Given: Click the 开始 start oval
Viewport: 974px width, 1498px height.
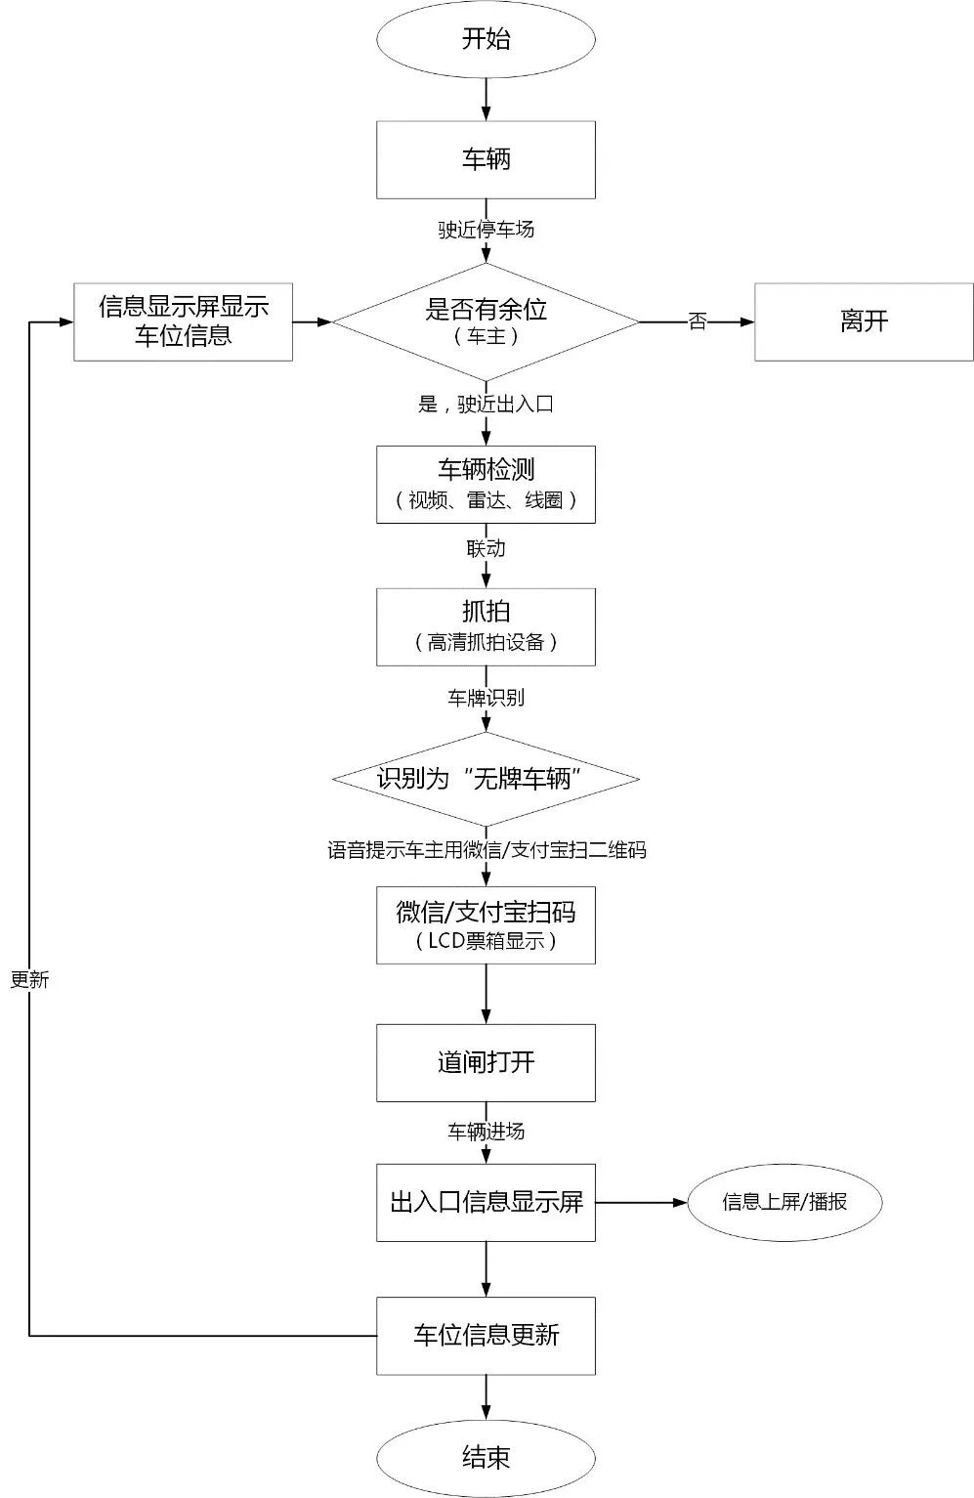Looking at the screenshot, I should coord(486,39).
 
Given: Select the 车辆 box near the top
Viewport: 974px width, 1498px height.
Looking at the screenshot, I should coord(486,159).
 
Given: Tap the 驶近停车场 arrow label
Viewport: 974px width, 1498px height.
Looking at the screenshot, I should coord(486,230).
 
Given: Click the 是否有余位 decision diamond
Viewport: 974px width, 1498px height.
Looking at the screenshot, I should coord(486,321).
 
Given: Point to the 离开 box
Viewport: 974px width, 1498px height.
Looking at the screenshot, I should coord(864,321).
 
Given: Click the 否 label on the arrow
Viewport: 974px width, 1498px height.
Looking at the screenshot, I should coord(697,321).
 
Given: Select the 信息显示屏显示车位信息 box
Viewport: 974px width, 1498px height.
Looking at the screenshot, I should coord(183,321).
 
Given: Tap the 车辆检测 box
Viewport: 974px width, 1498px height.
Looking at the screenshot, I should coord(486,484).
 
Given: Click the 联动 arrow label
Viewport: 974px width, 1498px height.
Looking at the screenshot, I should coord(486,548).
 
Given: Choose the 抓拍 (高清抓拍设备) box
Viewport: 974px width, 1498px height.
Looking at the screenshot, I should coord(486,626).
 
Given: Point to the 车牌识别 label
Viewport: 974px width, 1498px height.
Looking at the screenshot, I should coord(486,698).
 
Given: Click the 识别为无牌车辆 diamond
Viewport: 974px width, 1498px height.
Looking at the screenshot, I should coord(486,779).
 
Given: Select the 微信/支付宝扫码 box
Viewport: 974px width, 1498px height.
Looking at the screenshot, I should coord(486,924).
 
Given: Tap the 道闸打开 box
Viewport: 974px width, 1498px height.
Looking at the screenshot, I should coord(486,1062).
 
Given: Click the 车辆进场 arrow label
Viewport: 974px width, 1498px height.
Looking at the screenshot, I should coord(486,1132).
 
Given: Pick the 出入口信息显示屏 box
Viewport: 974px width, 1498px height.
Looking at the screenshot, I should coord(486,1202).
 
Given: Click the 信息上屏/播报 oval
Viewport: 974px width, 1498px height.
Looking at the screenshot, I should coord(784,1202).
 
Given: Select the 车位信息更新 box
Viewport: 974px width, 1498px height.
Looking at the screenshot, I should coord(486,1335).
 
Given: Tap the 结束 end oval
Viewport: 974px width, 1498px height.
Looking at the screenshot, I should coord(486,1458).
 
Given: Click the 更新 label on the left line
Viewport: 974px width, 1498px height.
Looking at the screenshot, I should coord(29,980).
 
